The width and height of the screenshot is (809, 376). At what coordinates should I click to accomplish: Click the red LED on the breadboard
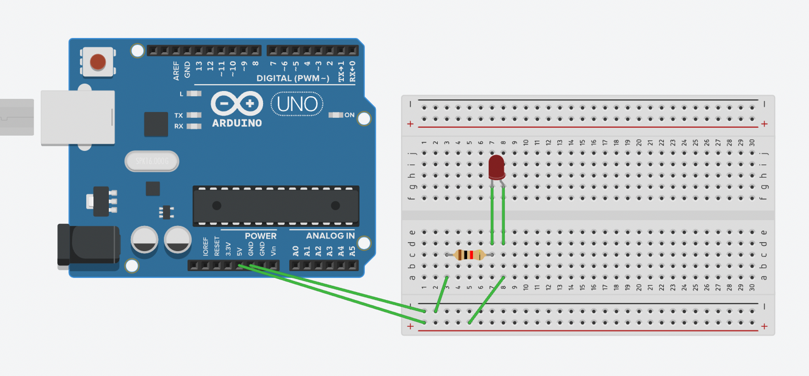496,167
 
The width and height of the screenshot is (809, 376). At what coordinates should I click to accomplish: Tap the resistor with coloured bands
469,255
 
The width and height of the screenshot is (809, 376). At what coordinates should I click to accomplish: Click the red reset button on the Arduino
98,62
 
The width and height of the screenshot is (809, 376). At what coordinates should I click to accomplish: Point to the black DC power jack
89,245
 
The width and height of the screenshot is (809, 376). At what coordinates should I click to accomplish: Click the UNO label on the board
297,104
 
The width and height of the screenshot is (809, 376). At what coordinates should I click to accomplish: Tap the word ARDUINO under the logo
237,123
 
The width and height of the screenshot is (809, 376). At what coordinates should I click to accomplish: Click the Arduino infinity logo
237,104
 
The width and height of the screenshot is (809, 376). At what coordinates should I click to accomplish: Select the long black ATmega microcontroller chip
276,206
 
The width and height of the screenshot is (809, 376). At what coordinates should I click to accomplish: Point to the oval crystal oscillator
152,161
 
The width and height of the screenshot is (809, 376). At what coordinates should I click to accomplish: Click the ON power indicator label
349,115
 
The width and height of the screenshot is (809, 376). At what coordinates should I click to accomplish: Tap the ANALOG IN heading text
330,236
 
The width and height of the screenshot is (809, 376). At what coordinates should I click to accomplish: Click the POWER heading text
260,236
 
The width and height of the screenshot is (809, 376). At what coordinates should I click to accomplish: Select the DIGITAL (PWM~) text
293,78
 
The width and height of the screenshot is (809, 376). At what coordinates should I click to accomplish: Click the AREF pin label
176,71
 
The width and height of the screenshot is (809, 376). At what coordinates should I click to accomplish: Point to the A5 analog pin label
352,251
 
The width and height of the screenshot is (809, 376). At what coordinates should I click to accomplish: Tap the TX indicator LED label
179,115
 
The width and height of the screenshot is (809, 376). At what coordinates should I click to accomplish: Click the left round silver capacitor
144,240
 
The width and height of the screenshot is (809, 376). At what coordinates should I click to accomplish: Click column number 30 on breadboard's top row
752,142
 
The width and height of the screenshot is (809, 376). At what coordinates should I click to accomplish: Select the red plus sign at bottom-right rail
764,326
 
